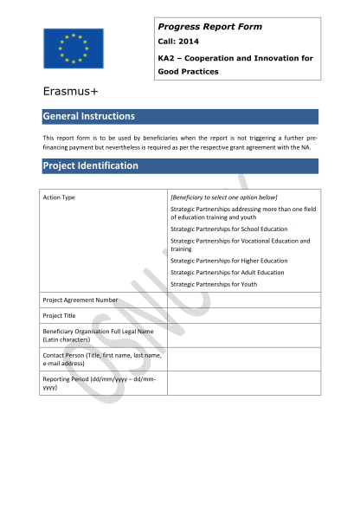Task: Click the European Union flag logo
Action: tap(73, 48)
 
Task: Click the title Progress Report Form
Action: tap(210, 27)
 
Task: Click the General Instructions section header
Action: tap(89, 116)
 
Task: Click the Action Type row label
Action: tap(59, 197)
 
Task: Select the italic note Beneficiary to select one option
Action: tap(223, 197)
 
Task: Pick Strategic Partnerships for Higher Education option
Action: tap(228, 261)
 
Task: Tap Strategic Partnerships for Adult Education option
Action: tap(227, 272)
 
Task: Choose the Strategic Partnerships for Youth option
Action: tap(214, 284)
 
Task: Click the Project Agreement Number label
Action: tap(80, 300)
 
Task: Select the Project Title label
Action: tap(60, 315)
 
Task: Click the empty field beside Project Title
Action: tap(243, 315)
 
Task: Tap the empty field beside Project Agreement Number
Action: tap(243, 300)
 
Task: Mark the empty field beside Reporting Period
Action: tap(243, 383)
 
